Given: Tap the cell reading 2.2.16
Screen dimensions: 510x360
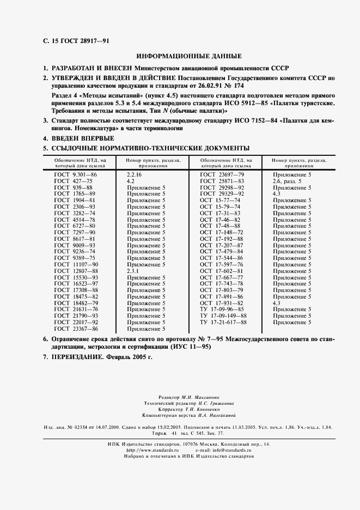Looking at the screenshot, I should click(134, 174).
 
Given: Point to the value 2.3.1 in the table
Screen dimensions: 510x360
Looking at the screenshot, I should click(133, 271).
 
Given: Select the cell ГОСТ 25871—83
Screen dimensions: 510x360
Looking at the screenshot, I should click(222, 181).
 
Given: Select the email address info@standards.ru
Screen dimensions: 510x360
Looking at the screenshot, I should click(235, 451).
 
